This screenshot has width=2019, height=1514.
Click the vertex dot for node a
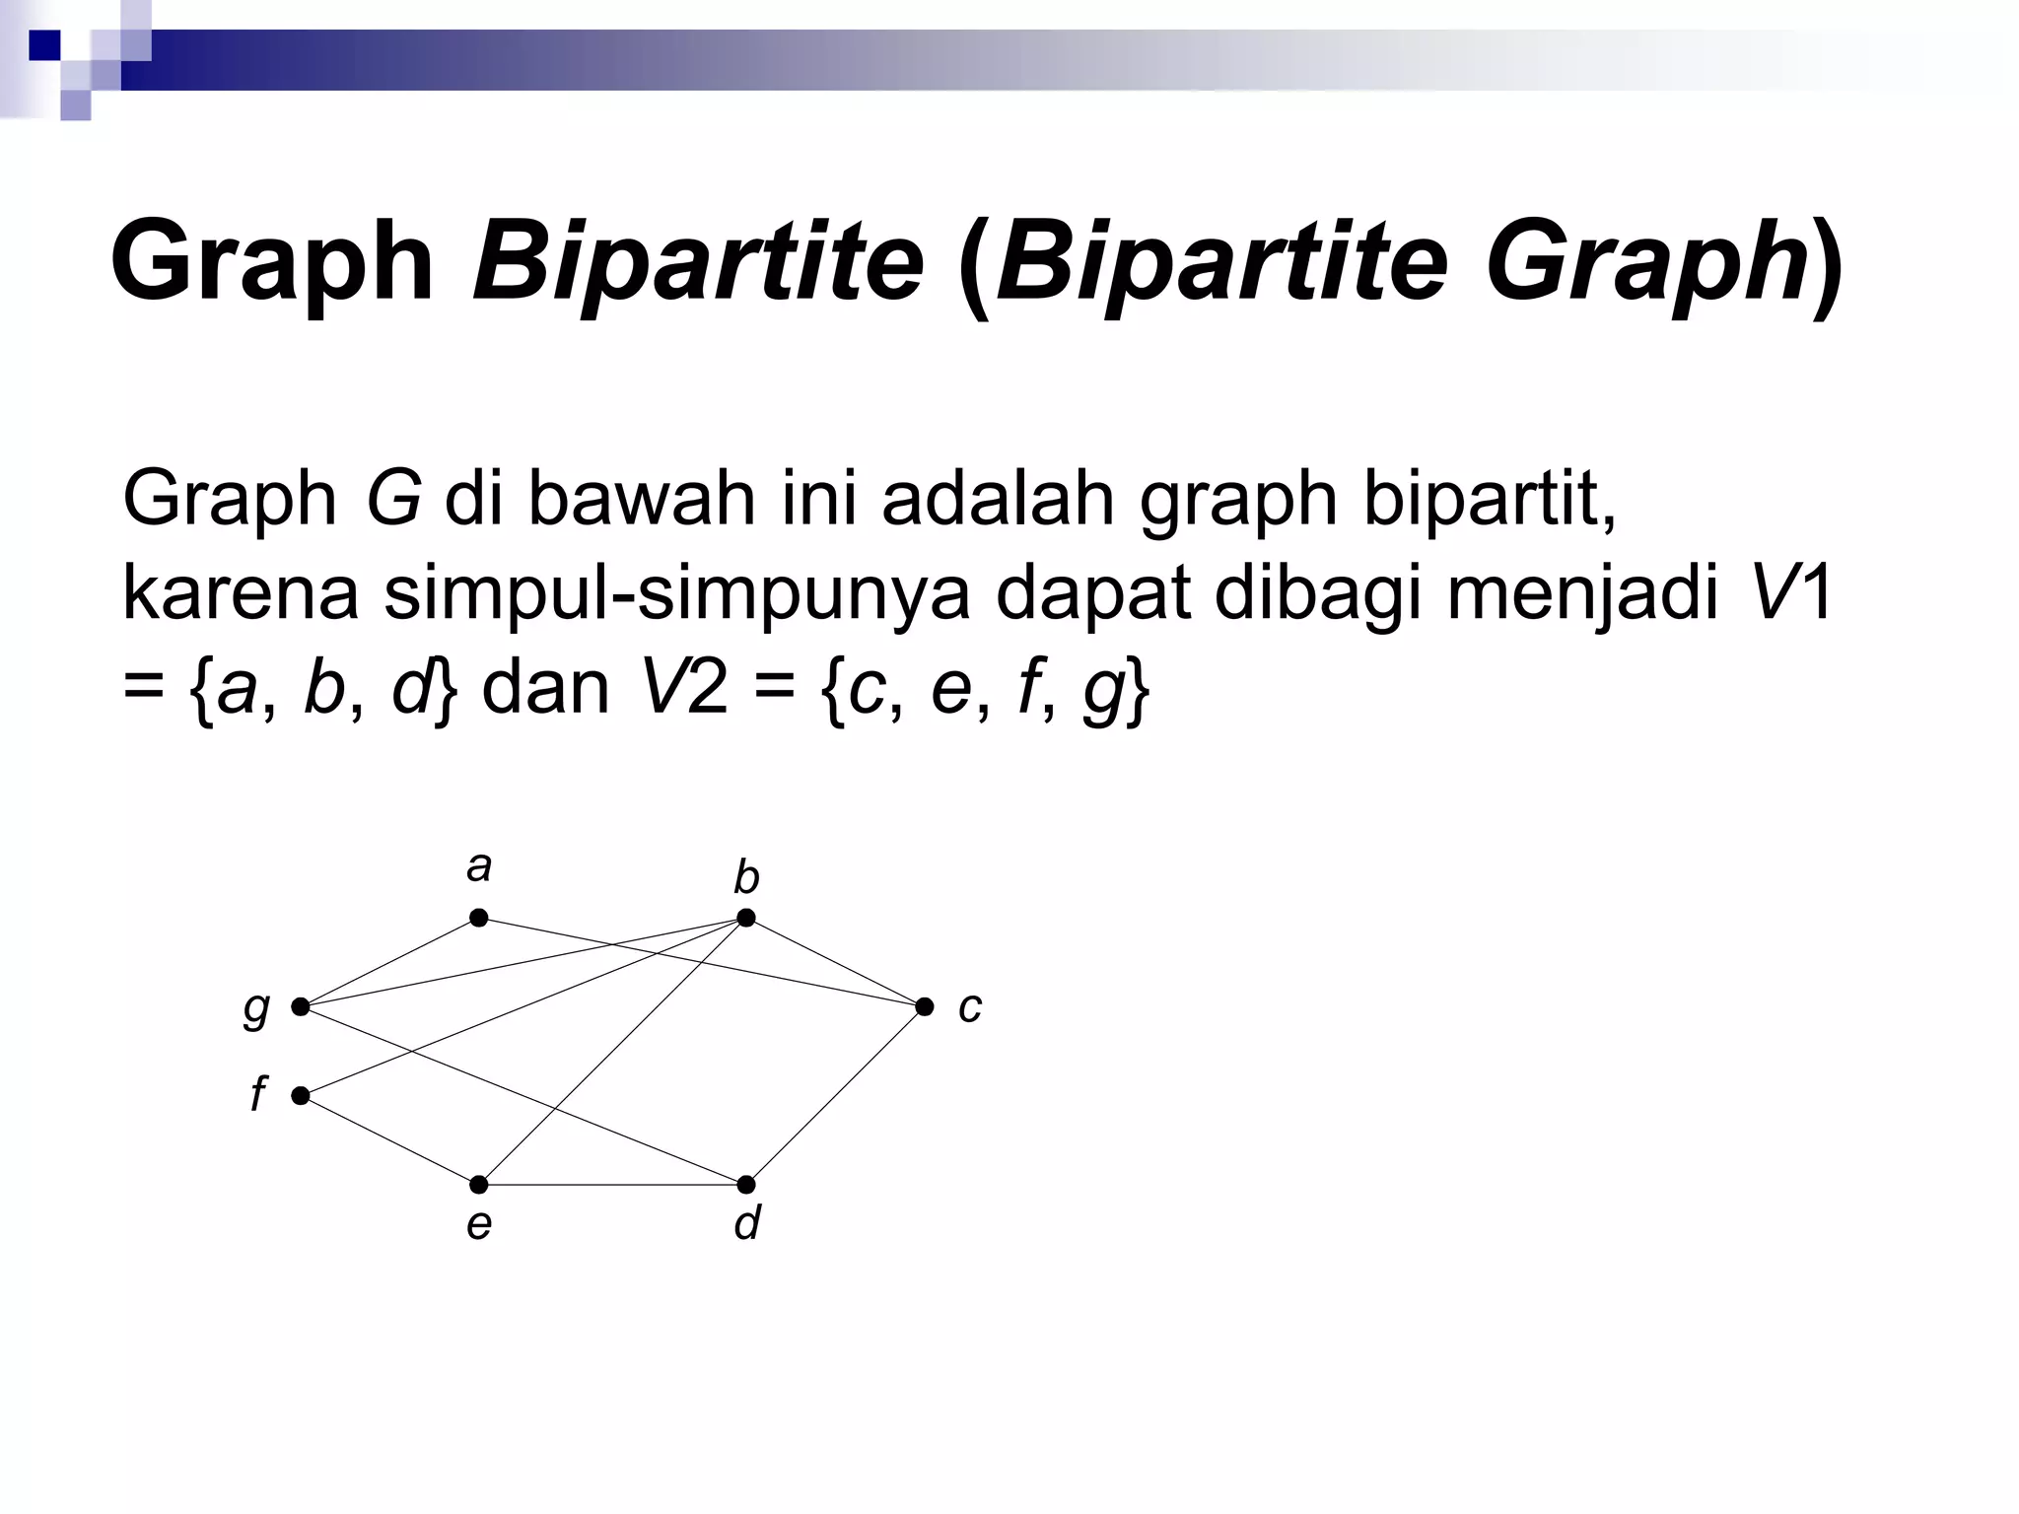tap(478, 918)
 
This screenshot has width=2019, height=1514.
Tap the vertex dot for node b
tap(746, 918)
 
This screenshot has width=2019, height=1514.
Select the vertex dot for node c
tap(924, 1006)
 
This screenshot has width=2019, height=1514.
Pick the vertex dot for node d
tap(746, 1184)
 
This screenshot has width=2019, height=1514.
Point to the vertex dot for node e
tap(478, 1184)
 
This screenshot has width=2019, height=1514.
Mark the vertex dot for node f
tap(301, 1095)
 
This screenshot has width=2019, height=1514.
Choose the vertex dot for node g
tap(301, 1006)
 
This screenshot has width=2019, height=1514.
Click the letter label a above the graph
tap(478, 867)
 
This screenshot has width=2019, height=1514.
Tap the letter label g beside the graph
tap(256, 1008)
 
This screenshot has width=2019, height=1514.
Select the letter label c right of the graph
tap(970, 1007)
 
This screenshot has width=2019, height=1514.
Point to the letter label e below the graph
tap(478, 1224)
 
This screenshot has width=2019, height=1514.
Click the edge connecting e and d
tap(612, 1184)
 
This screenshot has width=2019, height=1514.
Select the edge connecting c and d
tap(835, 1095)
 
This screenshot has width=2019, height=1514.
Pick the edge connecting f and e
tap(389, 1139)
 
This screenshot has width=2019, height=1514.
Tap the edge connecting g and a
tap(389, 962)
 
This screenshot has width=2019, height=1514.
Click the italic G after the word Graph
tap(392, 499)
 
